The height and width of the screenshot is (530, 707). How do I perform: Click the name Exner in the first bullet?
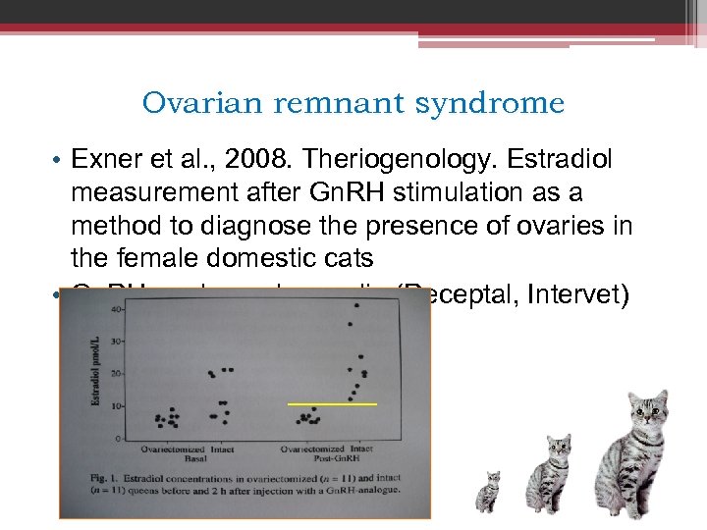click(106, 158)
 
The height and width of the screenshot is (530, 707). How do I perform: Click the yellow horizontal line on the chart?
click(332, 403)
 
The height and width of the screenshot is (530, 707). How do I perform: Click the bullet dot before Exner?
click(58, 159)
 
